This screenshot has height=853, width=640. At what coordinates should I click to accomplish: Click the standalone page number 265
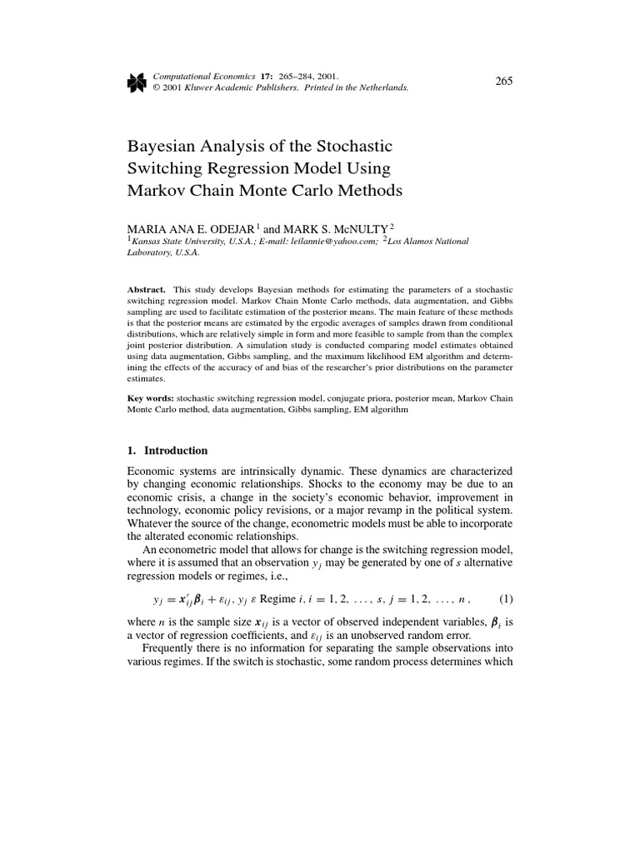503,80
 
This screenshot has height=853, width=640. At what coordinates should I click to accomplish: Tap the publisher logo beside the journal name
135,80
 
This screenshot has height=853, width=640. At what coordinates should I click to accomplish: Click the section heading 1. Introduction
167,451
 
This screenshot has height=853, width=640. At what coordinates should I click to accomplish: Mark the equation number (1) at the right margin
505,598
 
